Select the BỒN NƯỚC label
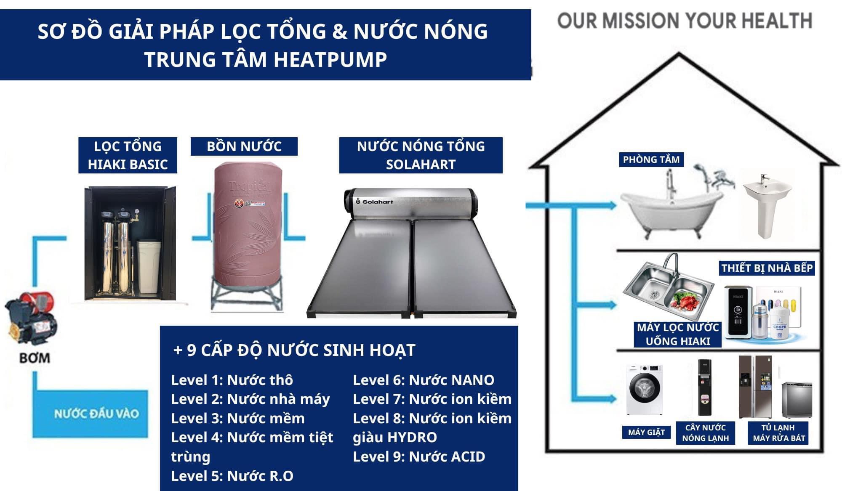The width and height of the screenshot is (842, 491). coord(244,146)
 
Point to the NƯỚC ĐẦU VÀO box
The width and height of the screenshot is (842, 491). coord(96,414)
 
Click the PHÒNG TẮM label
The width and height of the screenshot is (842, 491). coord(651,160)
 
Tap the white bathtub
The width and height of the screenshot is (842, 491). coord(672,212)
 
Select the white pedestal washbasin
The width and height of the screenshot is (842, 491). coord(766,206)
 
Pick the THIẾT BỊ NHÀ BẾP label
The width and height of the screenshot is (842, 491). coord(767,268)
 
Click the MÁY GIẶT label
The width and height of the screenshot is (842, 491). coord(646,432)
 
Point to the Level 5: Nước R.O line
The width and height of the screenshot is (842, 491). coord(232,476)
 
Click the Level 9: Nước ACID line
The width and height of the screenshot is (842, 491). coord(419,456)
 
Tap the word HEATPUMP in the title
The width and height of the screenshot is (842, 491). coord(330,59)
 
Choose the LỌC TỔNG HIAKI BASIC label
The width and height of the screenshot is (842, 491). coord(128,155)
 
